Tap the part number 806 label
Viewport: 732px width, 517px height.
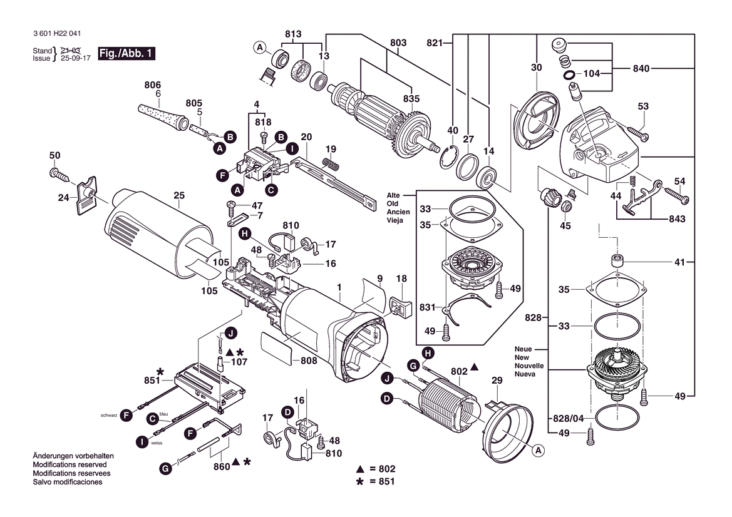152,85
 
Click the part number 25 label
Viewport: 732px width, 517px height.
179,195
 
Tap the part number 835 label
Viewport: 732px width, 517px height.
411,98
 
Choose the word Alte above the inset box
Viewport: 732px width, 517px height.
393,195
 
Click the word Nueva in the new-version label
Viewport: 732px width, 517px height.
525,374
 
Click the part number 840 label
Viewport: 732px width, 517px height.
641,68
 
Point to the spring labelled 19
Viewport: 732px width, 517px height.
331,162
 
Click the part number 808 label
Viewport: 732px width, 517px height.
308,360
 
